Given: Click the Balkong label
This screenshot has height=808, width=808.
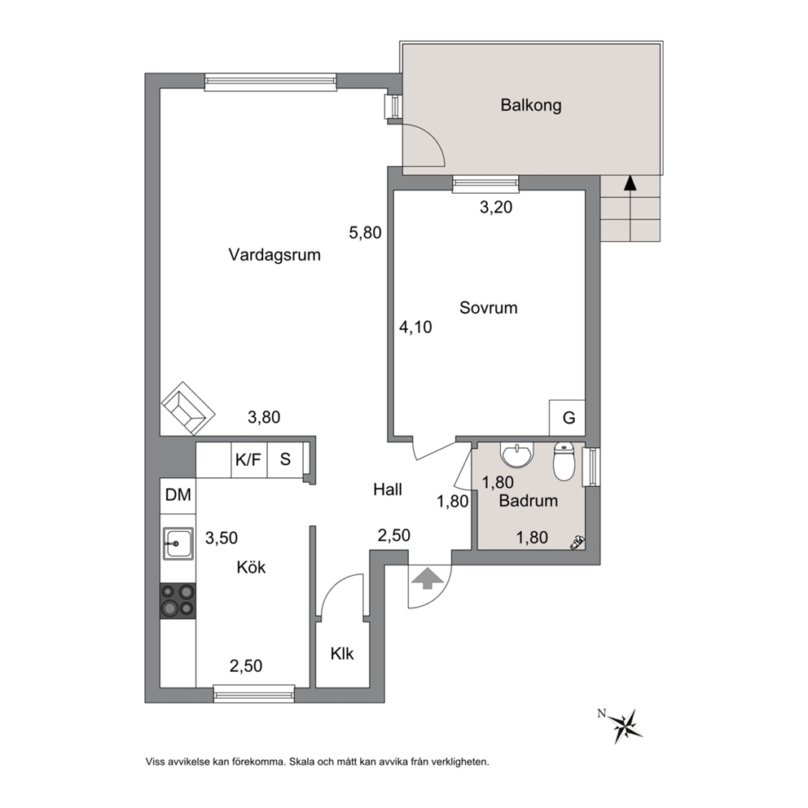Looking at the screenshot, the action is coord(531,106).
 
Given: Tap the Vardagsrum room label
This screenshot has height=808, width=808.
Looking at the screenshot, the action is coord(274,255).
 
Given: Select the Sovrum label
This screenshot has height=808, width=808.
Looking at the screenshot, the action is coord(489,308).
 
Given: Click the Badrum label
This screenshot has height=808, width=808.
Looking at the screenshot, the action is coord(528,500).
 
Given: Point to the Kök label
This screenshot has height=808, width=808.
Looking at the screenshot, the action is coord(251,567).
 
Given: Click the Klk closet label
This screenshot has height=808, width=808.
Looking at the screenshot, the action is coord(342,653).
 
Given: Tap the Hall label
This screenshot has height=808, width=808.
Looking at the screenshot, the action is coord(388,489).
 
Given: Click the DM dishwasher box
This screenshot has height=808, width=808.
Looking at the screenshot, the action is coord(178,496).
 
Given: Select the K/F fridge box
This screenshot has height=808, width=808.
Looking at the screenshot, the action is coord(249,459).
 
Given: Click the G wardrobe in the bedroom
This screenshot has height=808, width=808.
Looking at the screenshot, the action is coord(568,417).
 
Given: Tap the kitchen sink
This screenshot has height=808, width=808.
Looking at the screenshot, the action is coord(178,543).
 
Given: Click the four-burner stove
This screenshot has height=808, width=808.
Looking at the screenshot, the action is coord(178,600).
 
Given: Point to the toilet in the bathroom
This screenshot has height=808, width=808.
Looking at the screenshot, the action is coord(564,461).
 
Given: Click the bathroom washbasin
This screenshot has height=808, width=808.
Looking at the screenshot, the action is coord(517,454).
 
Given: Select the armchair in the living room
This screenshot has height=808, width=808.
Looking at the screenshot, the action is coord(188,409).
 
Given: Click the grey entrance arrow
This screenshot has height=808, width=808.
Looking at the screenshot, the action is coord(428,577).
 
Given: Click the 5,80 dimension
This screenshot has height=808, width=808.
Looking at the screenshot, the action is coord(365,233).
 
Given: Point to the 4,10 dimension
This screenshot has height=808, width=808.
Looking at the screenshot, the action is coord(415,327).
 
